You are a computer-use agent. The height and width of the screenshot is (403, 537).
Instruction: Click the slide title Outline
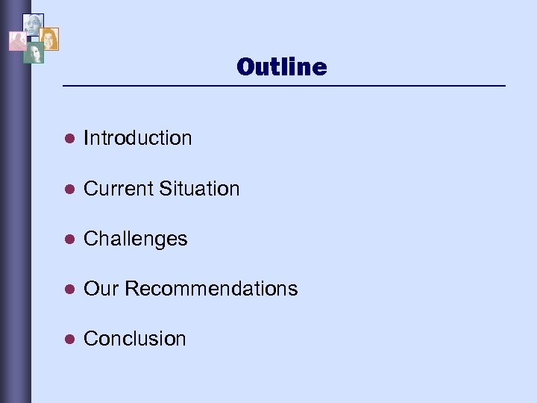pyautogui.click(x=281, y=67)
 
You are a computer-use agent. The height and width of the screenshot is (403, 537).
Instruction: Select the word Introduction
pyautogui.click(x=138, y=138)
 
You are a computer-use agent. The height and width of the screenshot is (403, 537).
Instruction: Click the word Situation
pyautogui.click(x=199, y=189)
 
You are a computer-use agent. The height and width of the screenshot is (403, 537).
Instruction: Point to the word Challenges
pyautogui.click(x=136, y=239)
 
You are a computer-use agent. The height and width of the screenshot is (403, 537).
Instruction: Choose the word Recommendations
pyautogui.click(x=211, y=289)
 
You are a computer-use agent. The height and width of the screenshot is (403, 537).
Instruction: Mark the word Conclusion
pyautogui.click(x=135, y=339)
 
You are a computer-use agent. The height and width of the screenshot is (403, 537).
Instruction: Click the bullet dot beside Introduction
pyautogui.click(x=68, y=139)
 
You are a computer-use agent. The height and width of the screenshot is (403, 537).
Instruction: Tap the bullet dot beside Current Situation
pyautogui.click(x=68, y=189)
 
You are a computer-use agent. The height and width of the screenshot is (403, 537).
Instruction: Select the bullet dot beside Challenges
pyautogui.click(x=68, y=239)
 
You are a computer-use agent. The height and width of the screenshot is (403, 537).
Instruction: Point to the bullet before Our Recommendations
pyautogui.click(x=68, y=289)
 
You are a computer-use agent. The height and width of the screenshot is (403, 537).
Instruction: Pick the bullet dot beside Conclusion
pyautogui.click(x=68, y=339)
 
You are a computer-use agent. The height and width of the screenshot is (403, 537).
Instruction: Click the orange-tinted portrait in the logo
pyautogui.click(x=49, y=39)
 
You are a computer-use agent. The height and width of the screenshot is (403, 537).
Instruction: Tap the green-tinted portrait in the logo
pyautogui.click(x=34, y=52)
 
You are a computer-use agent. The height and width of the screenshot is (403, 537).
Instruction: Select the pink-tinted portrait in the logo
pyautogui.click(x=17, y=40)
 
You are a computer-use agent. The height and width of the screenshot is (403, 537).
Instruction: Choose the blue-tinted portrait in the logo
pyautogui.click(x=33, y=25)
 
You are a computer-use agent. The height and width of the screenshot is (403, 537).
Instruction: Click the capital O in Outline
pyautogui.click(x=245, y=67)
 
